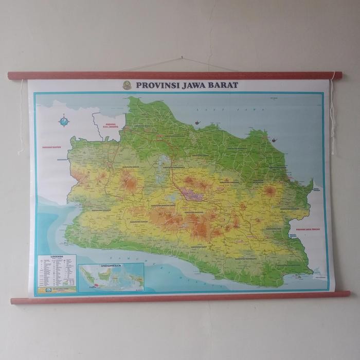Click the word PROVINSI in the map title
154,85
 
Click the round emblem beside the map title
127,85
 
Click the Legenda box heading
57,257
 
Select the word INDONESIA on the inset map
111,266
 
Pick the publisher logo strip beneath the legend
57,290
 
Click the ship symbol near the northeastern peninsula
275,139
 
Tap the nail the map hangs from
182,58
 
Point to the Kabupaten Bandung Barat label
163,205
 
